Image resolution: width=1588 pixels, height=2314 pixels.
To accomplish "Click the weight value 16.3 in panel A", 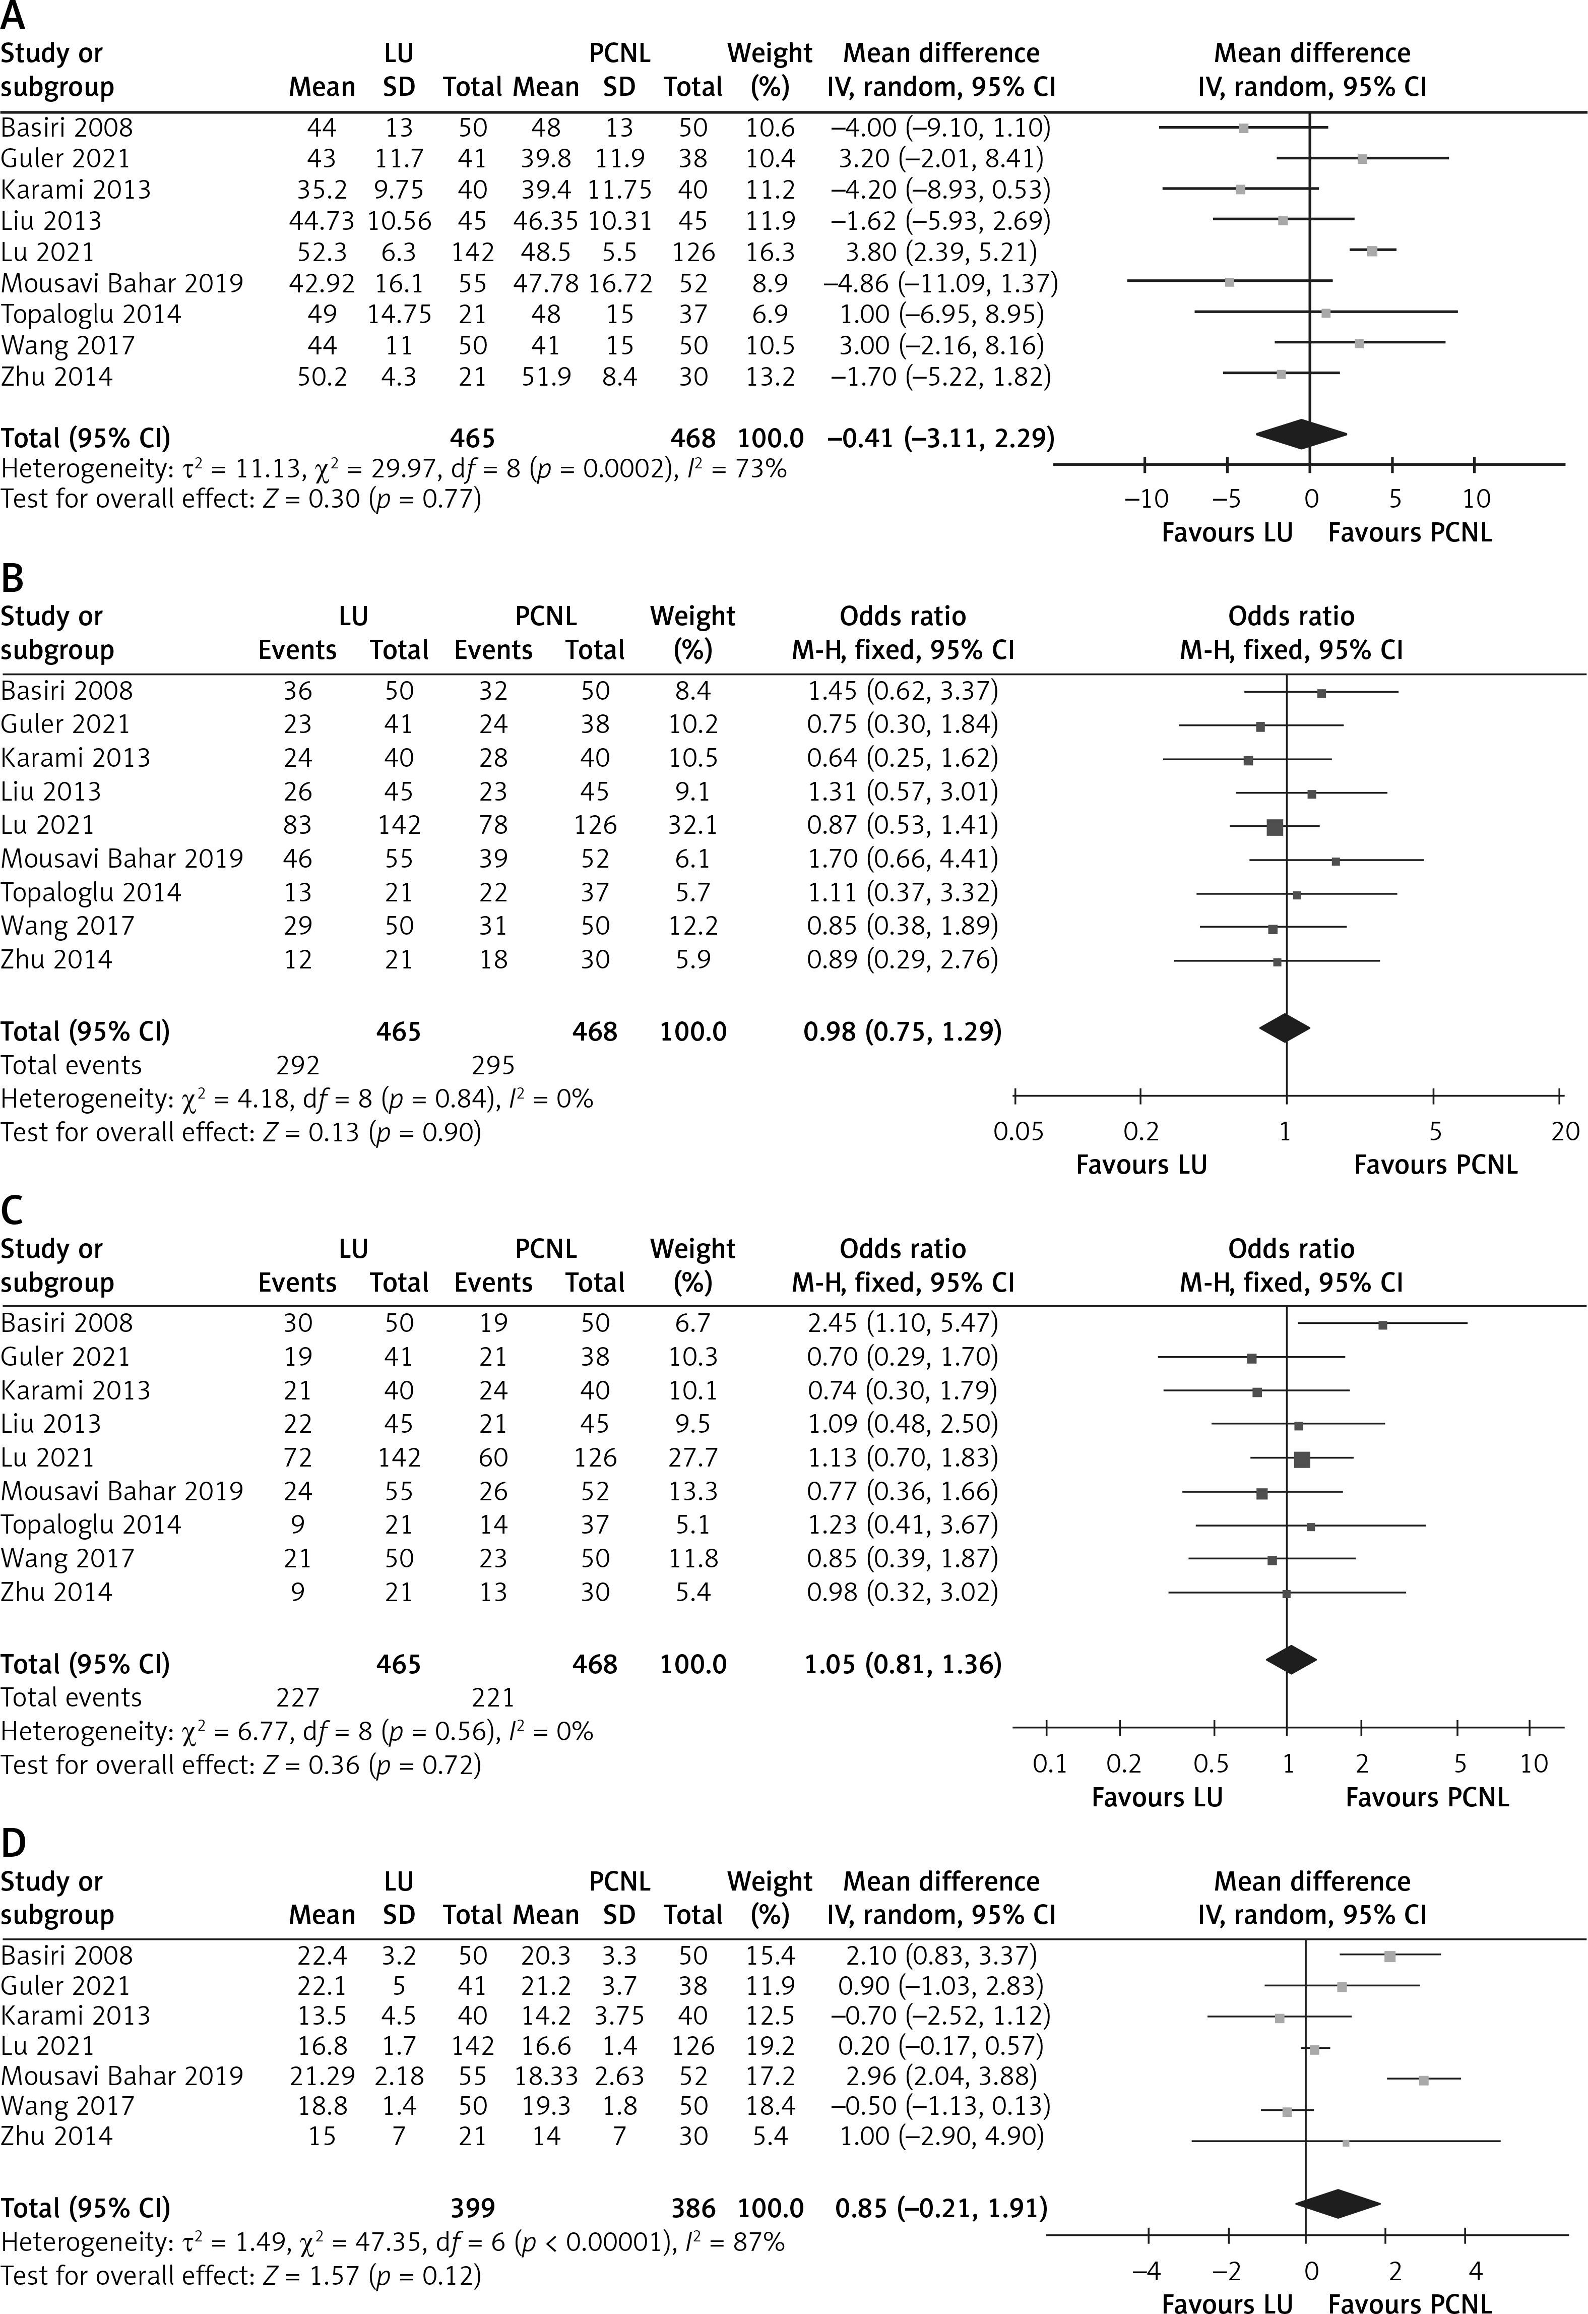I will pyautogui.click(x=770, y=252).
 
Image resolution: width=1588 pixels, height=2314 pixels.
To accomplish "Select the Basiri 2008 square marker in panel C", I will pyautogui.click(x=1382, y=1324).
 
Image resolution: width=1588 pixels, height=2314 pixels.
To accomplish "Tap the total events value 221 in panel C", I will pyautogui.click(x=493, y=1697).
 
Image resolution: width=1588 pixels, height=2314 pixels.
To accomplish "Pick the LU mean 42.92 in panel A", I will pyautogui.click(x=321, y=284).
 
